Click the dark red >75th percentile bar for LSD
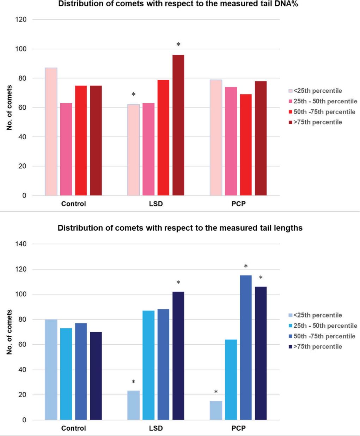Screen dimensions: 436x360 tap(178, 125)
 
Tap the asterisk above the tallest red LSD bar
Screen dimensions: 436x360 tap(178, 45)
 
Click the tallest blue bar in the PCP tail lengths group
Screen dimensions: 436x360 tap(246, 347)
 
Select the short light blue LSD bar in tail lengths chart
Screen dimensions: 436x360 tap(133, 405)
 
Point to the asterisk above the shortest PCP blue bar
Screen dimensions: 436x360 tap(216, 392)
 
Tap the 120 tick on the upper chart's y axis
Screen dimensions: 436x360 tap(21, 20)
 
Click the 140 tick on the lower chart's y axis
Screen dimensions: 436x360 tap(21, 244)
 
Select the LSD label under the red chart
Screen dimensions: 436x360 tap(156, 204)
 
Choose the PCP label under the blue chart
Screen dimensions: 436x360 tap(238, 429)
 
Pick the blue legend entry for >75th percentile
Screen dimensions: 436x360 tap(317, 346)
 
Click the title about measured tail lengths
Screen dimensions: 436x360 tap(180, 228)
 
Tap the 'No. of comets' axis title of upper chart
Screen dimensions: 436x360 tap(10, 108)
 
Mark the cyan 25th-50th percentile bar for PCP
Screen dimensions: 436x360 tap(231, 380)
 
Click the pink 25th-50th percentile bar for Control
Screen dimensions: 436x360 tap(66, 149)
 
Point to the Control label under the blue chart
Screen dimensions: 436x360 tap(73, 429)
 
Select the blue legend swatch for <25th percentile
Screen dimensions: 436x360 tap(291, 315)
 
